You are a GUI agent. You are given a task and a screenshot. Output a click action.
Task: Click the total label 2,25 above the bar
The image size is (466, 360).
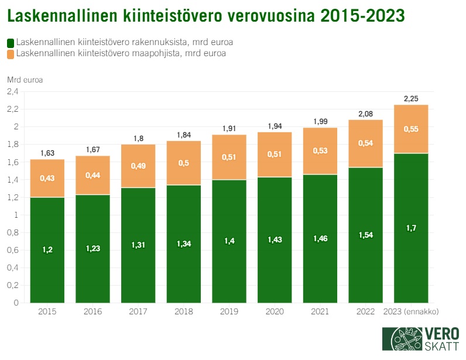(x=411, y=99)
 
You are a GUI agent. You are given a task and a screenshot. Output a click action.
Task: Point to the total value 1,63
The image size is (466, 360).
(x=47, y=153)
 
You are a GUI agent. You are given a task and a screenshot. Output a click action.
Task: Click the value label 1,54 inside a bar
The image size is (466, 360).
(x=365, y=235)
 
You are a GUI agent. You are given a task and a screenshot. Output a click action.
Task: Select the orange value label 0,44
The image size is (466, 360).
(x=92, y=175)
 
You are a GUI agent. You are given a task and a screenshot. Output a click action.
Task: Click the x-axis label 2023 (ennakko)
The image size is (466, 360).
(x=411, y=311)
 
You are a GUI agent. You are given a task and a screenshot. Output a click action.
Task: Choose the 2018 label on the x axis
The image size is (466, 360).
(x=183, y=311)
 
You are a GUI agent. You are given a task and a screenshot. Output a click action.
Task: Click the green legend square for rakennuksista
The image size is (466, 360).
(x=11, y=43)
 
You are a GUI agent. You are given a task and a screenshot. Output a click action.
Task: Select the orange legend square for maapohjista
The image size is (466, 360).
(x=11, y=54)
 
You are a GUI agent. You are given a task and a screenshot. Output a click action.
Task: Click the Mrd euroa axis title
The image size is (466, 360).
(x=25, y=79)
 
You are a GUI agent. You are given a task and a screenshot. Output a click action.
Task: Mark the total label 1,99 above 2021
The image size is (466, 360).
(x=320, y=121)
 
